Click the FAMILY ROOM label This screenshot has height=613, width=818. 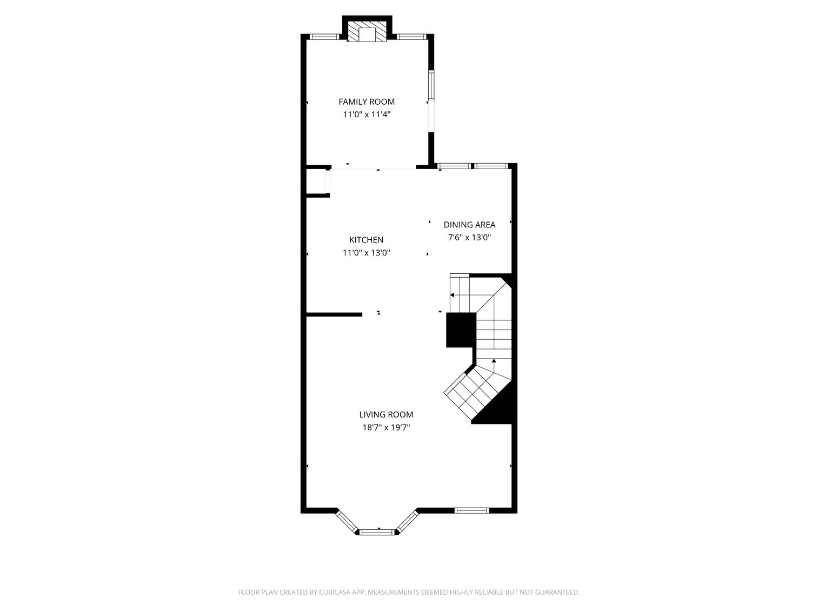367,102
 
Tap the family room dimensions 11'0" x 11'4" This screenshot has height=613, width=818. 367,114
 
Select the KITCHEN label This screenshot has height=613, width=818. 366,240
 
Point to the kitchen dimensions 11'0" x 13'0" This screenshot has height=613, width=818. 366,253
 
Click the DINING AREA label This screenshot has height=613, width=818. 469,225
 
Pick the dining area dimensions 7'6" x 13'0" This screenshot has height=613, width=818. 469,238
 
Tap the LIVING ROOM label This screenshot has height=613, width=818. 386,415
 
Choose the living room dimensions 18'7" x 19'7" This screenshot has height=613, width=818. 386,428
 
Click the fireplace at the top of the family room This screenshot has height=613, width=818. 367,32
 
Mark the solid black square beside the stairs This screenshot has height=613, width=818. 460,330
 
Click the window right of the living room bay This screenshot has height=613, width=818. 471,510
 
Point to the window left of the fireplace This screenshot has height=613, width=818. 323,37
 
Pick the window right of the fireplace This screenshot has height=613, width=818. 411,37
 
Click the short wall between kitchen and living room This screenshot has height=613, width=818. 334,314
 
